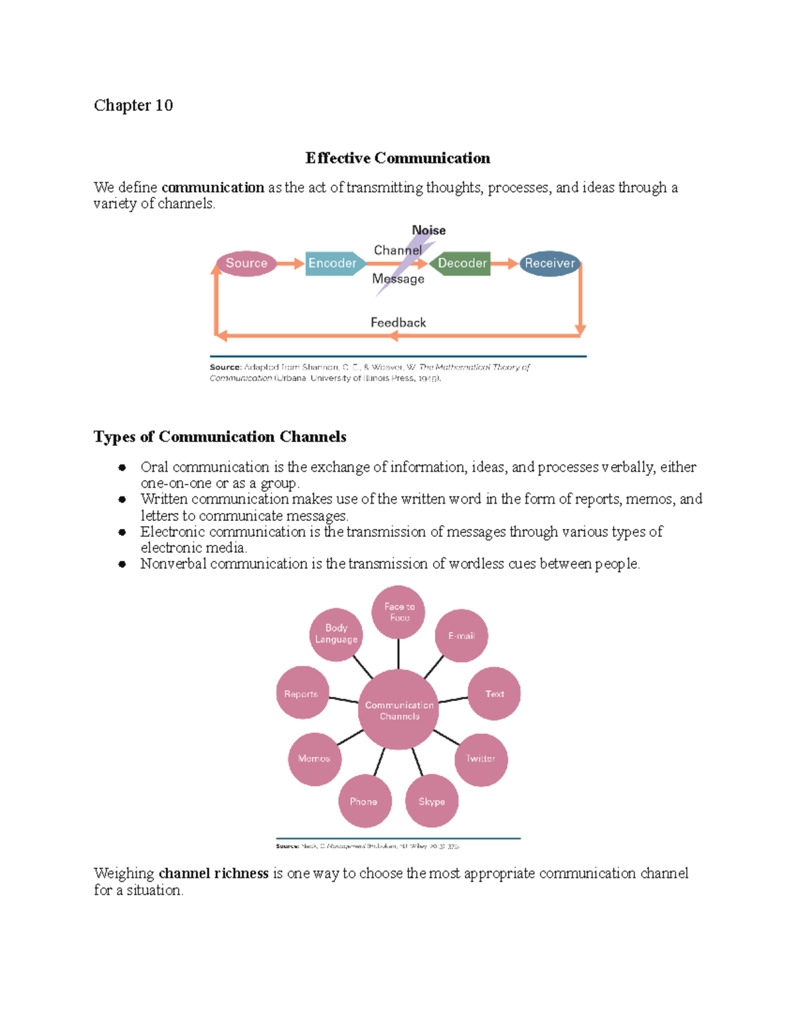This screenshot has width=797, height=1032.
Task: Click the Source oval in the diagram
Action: pyautogui.click(x=246, y=263)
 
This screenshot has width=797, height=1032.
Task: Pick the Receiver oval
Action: pyautogui.click(x=549, y=263)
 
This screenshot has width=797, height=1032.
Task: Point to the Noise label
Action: pyautogui.click(x=428, y=230)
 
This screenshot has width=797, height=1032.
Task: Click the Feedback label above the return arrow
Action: pyautogui.click(x=398, y=322)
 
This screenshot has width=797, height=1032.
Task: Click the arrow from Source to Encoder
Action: pyautogui.click(x=290, y=264)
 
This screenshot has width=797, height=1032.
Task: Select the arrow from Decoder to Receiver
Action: pyautogui.click(x=504, y=264)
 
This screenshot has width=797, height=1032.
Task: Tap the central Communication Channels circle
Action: pyautogui.click(x=398, y=710)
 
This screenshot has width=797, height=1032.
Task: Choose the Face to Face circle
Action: pyautogui.click(x=398, y=611)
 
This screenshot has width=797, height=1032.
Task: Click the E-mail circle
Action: pyautogui.click(x=461, y=636)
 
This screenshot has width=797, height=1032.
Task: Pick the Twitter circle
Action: pyautogui.click(x=481, y=759)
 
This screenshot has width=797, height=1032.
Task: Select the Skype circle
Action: pyautogui.click(x=432, y=801)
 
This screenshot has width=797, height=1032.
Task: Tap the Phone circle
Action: pyautogui.click(x=364, y=801)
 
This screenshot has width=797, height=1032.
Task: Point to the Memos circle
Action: pyautogui.click(x=314, y=759)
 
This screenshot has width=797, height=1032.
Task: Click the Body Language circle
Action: pyautogui.click(x=336, y=634)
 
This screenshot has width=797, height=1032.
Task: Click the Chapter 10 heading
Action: pyautogui.click(x=133, y=106)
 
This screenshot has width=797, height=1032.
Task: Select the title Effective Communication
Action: pyautogui.click(x=398, y=158)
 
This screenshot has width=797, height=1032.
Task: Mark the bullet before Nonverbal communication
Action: pyautogui.click(x=122, y=564)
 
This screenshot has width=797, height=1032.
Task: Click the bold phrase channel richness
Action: pyautogui.click(x=213, y=873)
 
